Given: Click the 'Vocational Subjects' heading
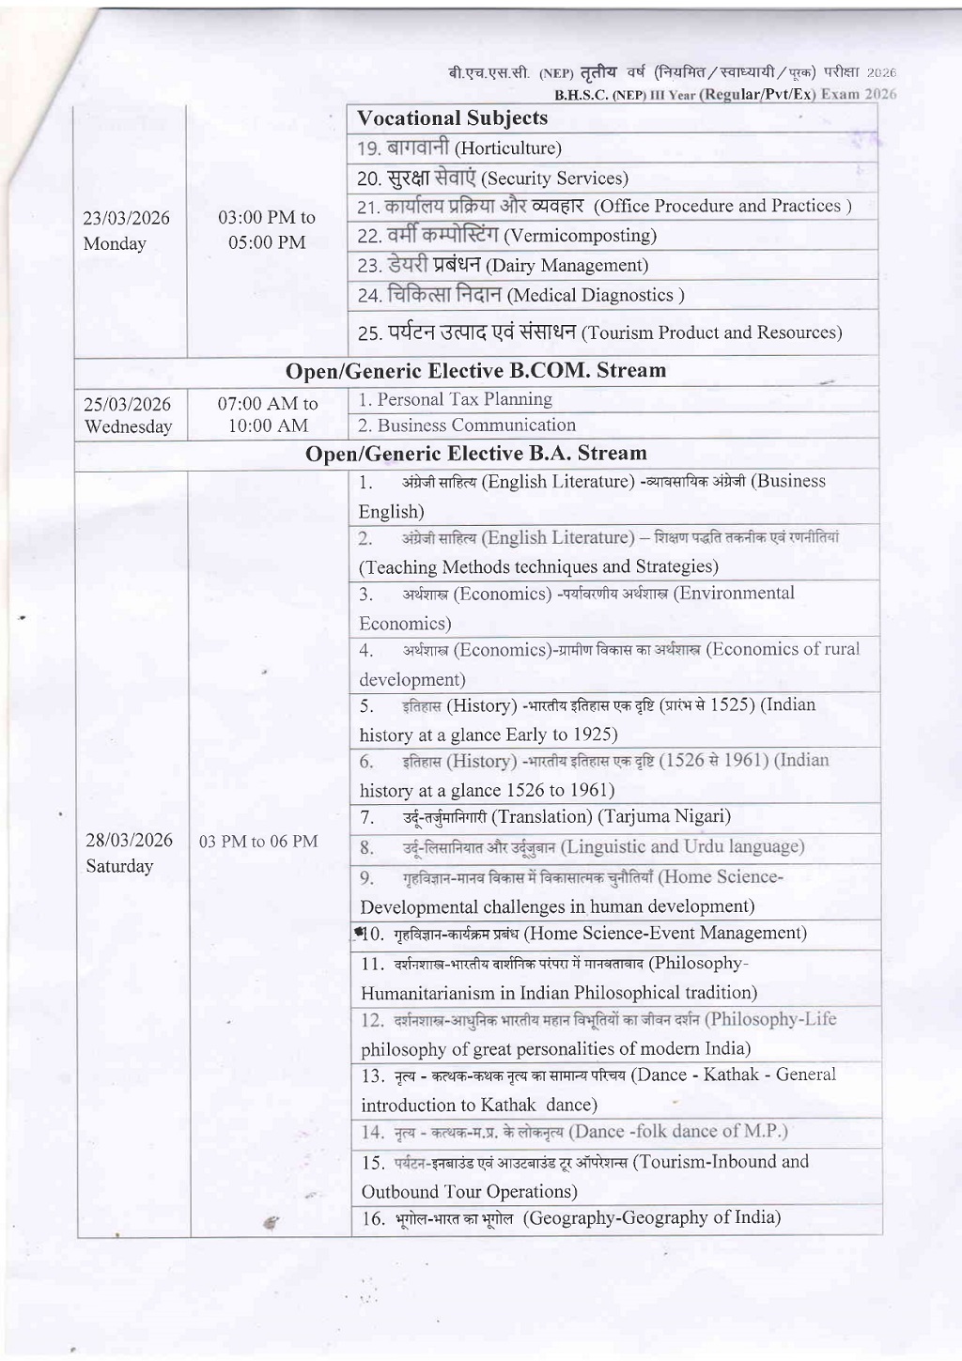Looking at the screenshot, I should (452, 118).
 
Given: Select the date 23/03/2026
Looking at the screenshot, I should (127, 218).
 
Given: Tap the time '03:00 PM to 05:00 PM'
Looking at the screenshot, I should (267, 230).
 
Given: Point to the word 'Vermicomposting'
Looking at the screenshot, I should (580, 236).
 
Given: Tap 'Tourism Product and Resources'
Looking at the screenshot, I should (711, 333).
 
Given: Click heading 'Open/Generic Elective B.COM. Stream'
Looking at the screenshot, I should (476, 371).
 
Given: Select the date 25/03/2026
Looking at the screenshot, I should (127, 405).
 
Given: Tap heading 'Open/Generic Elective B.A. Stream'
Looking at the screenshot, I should (476, 454).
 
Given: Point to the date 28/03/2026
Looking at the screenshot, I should (129, 840).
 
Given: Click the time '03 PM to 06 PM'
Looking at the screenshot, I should (258, 842).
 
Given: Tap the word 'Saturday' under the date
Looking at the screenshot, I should (119, 866).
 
